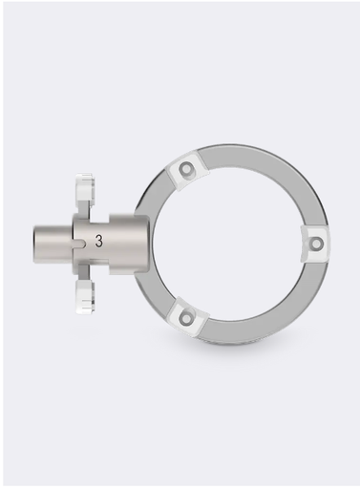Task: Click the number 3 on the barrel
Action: (98, 244)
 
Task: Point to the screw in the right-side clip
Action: (316, 244)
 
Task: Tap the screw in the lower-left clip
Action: (186, 318)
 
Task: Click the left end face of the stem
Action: (35, 244)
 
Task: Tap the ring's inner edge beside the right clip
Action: (299, 244)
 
